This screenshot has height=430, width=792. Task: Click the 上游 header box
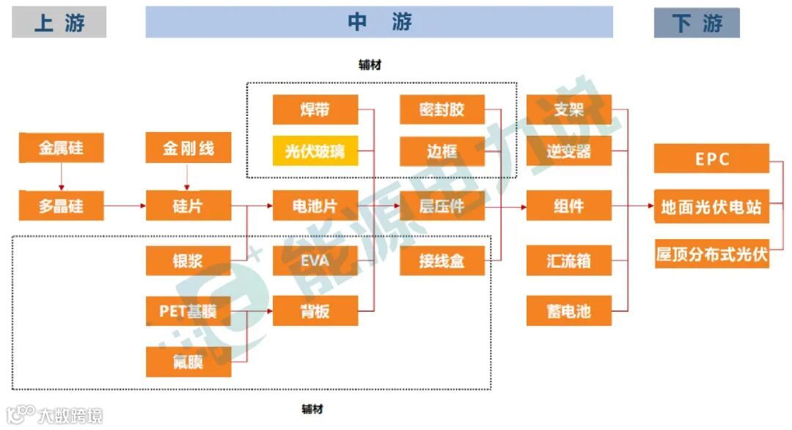point(59,22)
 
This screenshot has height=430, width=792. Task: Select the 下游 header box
point(697,23)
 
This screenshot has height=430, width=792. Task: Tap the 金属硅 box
point(61,148)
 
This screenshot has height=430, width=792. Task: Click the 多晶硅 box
point(61,206)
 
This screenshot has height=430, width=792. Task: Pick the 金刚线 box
point(188,148)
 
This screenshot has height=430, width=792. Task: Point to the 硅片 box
point(188,206)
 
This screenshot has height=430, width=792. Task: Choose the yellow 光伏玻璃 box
point(315,152)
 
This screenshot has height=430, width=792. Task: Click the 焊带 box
point(315,110)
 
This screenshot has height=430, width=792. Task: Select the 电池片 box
point(315,206)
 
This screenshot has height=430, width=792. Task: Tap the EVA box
point(315,260)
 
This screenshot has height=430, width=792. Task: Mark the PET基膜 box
point(188,311)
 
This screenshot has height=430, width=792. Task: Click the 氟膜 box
point(188,362)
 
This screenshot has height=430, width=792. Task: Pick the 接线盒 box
point(441,260)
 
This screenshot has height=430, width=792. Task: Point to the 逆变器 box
point(568,152)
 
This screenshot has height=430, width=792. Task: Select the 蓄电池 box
point(568,311)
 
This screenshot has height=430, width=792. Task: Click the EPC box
point(711,159)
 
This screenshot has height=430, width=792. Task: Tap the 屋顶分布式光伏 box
point(711,254)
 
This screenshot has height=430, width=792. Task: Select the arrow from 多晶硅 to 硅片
point(125,206)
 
